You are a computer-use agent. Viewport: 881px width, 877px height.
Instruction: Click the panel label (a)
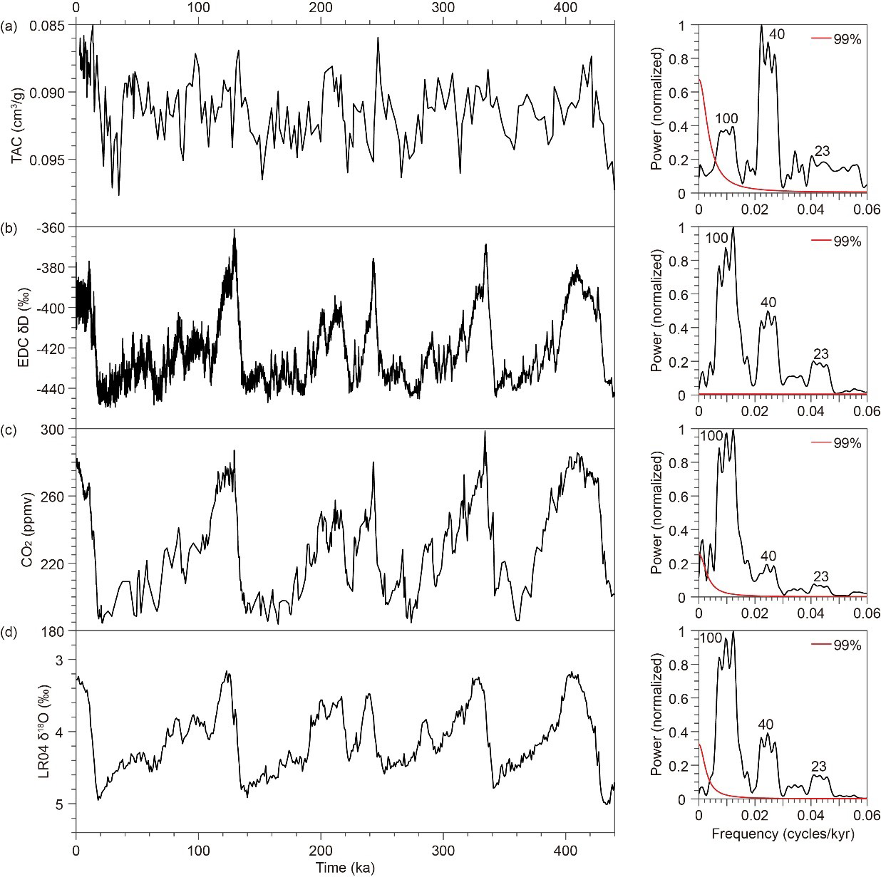coord(11,28)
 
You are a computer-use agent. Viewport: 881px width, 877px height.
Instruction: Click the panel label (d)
coord(11,633)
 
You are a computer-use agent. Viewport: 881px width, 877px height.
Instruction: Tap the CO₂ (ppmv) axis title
coord(27,530)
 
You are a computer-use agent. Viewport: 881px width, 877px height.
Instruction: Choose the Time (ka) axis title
coord(345,867)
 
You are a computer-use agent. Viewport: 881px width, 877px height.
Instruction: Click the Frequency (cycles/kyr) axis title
coord(782,832)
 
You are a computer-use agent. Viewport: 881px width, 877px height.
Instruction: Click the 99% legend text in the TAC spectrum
coord(847,39)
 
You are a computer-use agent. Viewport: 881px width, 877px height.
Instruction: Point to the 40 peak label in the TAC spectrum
coord(776,33)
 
